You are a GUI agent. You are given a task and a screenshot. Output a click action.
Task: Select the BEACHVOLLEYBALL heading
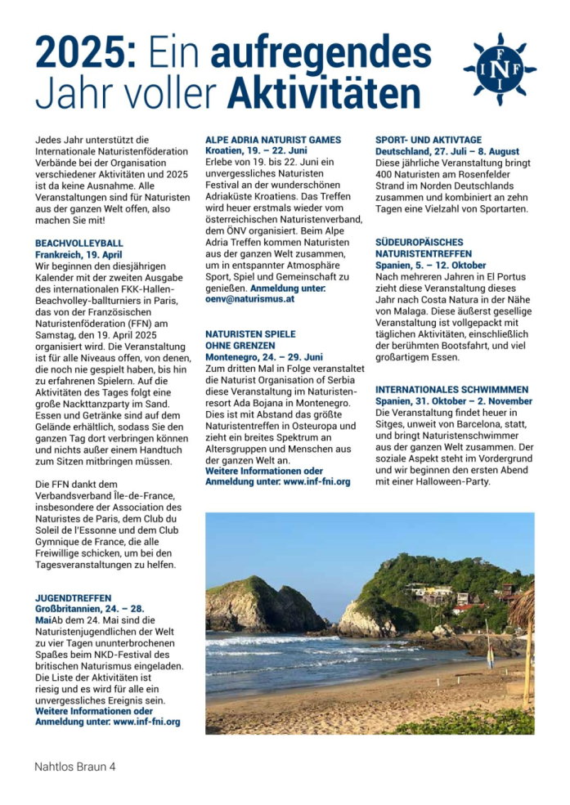click(x=79, y=244)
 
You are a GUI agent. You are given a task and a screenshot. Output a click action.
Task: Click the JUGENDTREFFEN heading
click(x=74, y=598)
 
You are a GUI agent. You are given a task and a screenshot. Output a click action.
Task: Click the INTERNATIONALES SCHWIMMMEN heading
click(x=451, y=390)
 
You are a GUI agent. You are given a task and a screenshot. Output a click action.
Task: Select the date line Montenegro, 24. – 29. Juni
click(x=264, y=357)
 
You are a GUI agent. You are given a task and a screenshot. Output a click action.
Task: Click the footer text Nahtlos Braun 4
click(x=75, y=767)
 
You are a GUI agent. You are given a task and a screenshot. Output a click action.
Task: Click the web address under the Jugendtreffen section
click(x=146, y=722)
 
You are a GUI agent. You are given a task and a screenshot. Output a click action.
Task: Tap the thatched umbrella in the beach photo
click(x=523, y=609)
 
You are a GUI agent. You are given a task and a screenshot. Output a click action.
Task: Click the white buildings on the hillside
click(x=433, y=592)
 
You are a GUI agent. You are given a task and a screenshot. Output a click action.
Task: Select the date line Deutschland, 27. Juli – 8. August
click(x=447, y=152)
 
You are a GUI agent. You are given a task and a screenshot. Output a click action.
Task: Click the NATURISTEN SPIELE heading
click(x=250, y=334)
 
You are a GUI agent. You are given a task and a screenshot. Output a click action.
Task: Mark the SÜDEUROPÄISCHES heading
click(x=419, y=243)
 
